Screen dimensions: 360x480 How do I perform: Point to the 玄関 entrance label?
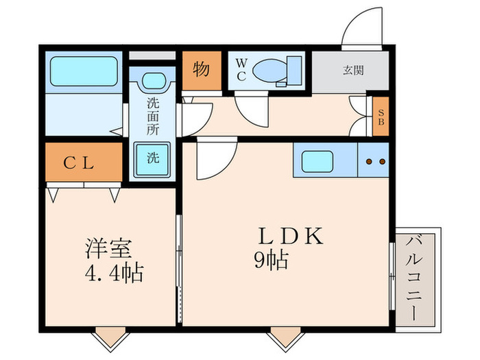[353, 69]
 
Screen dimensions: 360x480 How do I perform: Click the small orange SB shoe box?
[381, 118]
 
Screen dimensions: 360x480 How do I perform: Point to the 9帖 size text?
[269, 261]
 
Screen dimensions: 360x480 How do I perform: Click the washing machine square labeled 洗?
[153, 157]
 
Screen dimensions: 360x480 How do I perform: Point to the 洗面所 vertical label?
[153, 117]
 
